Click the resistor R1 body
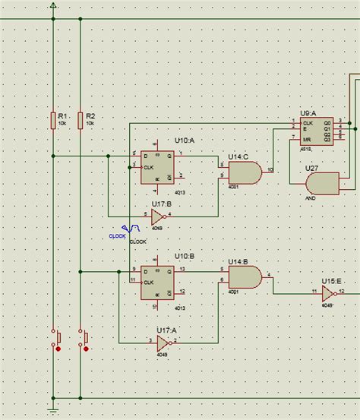tap(52, 119)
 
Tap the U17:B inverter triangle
tap(156, 216)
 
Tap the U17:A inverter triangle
tap(163, 341)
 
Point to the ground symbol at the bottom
tap(52, 410)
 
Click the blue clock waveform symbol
tap(131, 229)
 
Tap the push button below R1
tap(55, 339)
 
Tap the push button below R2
tap(84, 339)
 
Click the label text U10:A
tap(185, 141)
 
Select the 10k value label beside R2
tap(90, 123)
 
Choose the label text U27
tap(311, 168)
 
